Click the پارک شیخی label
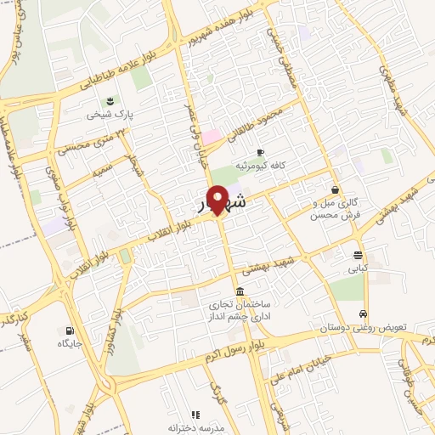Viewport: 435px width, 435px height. (109, 114)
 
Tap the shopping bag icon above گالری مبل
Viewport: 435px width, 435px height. (337, 189)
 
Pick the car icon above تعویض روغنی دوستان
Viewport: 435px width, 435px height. (364, 314)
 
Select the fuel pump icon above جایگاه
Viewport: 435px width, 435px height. (68, 330)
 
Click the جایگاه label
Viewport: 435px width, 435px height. (68, 343)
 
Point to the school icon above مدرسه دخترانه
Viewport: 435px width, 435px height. (195, 415)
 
